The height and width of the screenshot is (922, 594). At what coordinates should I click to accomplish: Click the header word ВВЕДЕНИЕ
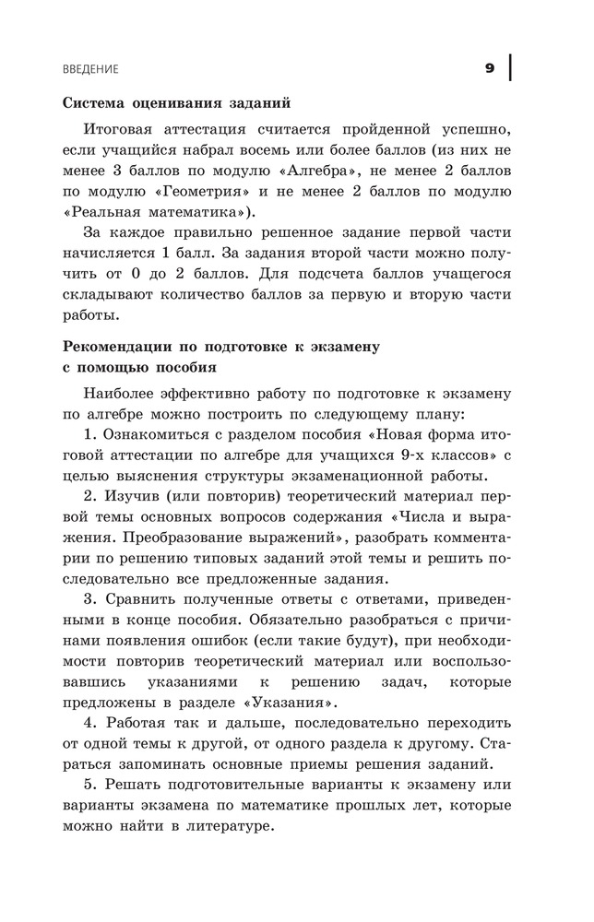click(x=90, y=69)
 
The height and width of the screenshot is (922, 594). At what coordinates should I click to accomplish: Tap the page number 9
click(x=490, y=68)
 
